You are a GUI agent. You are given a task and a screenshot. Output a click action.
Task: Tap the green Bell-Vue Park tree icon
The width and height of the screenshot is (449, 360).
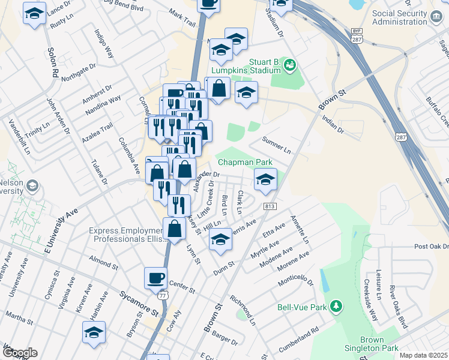[337, 307]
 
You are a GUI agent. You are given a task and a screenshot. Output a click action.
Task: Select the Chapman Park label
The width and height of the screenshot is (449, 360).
[245, 162]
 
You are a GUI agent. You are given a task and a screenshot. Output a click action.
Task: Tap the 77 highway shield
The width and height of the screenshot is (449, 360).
[162, 296]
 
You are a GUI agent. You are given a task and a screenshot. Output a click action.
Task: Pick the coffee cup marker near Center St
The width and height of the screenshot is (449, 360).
[155, 278]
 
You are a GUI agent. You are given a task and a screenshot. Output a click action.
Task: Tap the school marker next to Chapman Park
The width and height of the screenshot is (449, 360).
[265, 178]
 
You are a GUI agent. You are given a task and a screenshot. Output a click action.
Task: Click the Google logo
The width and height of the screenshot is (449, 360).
[19, 353]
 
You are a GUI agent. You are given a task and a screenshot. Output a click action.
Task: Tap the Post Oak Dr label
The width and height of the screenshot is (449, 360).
[431, 247]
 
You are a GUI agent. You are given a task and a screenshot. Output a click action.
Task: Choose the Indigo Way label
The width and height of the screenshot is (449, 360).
[104, 42]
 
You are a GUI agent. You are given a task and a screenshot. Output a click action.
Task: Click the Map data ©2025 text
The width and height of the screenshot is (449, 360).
[423, 355]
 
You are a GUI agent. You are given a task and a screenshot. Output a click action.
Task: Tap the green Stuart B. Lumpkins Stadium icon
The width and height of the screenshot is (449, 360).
[290, 64]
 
